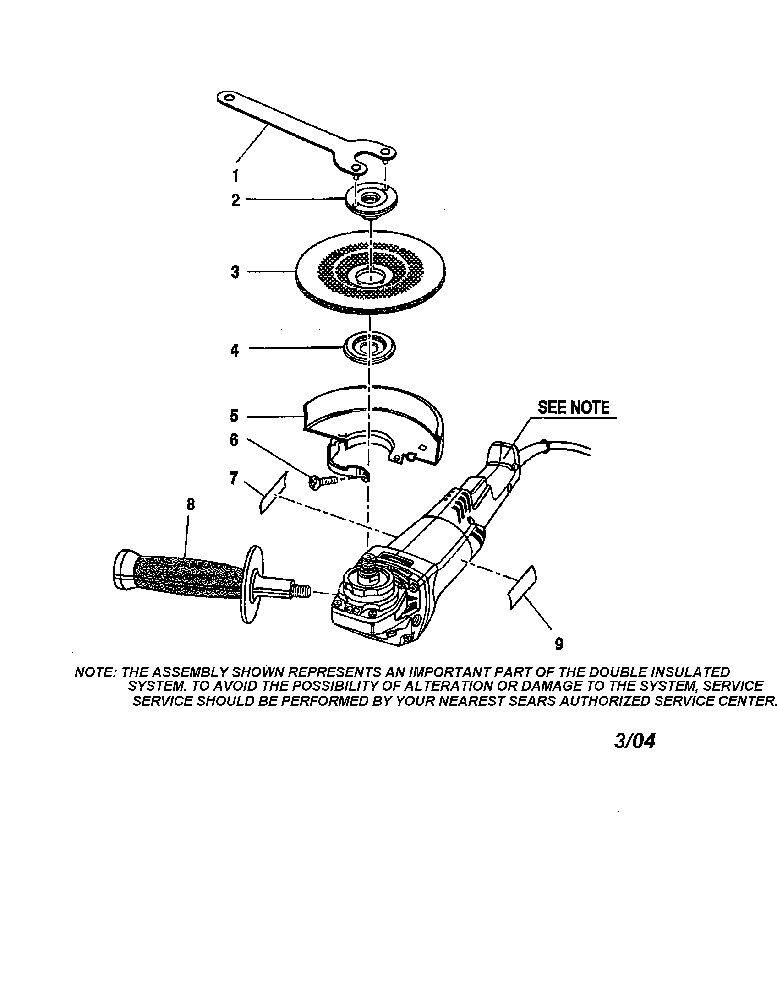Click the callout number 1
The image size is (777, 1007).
point(235,176)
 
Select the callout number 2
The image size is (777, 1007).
point(236,200)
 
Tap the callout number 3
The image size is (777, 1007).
point(235,272)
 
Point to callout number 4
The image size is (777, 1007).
point(235,351)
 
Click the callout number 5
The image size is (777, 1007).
point(235,416)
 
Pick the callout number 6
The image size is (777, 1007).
point(235,440)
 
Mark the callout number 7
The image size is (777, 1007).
point(234,478)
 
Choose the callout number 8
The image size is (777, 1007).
point(191,505)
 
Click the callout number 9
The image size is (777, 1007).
point(559,644)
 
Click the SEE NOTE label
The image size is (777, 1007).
point(574,407)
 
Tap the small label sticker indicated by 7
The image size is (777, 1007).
point(272,493)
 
